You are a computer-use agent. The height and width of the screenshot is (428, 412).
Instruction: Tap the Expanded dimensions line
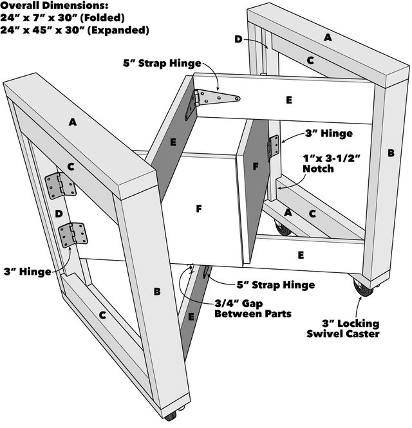pos(76,30)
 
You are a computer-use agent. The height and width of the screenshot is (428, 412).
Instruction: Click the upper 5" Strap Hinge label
pos(162,63)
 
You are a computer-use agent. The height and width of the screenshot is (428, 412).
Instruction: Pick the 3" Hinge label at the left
pos(26,272)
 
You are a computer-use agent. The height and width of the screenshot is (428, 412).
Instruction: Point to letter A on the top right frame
pos(328,38)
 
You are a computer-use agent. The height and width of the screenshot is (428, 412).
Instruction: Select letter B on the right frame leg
pos(390,153)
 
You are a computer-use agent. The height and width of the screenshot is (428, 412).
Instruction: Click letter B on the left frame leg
pos(156,291)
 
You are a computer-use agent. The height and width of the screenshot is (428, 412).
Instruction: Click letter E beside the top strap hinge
pos(288,100)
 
